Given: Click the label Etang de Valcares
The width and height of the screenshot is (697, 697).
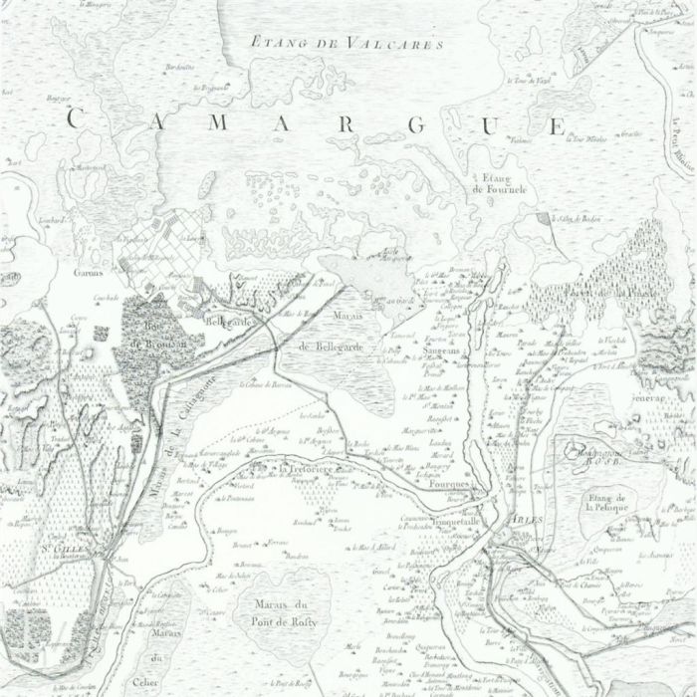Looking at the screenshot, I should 347,43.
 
